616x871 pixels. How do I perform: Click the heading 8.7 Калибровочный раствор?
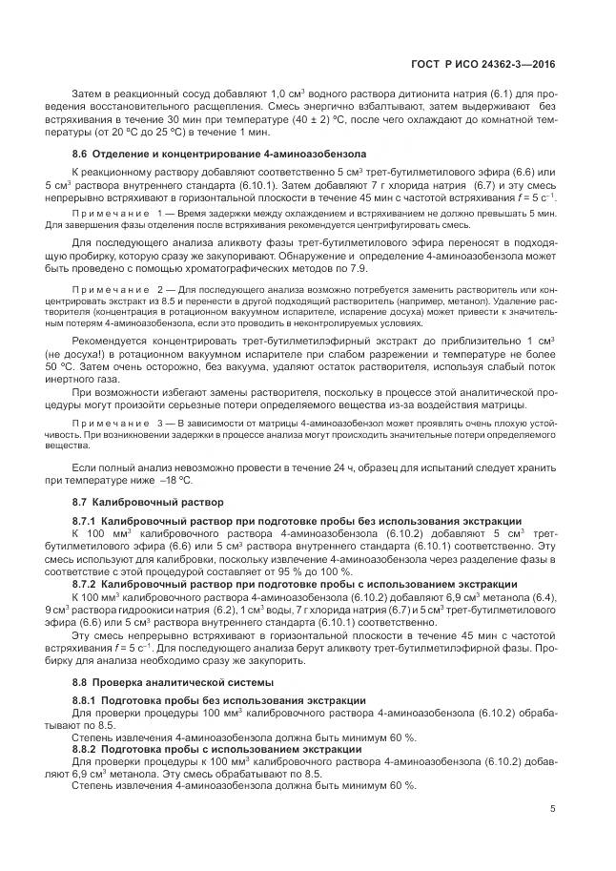point(148,501)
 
